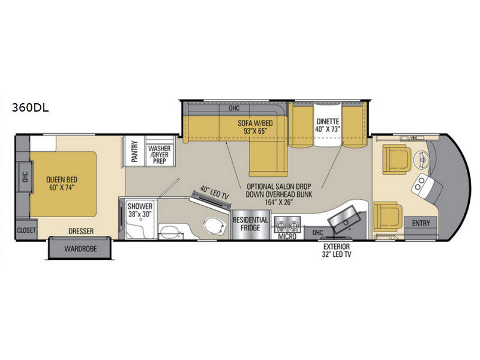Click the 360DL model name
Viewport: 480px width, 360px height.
(x=29, y=109)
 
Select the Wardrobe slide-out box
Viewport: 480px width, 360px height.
(x=80, y=247)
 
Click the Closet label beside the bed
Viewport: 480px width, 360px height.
(x=26, y=229)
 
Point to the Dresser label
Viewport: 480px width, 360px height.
(x=80, y=230)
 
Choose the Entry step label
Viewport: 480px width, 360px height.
(x=421, y=224)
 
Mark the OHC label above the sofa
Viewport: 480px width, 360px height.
(x=235, y=109)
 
